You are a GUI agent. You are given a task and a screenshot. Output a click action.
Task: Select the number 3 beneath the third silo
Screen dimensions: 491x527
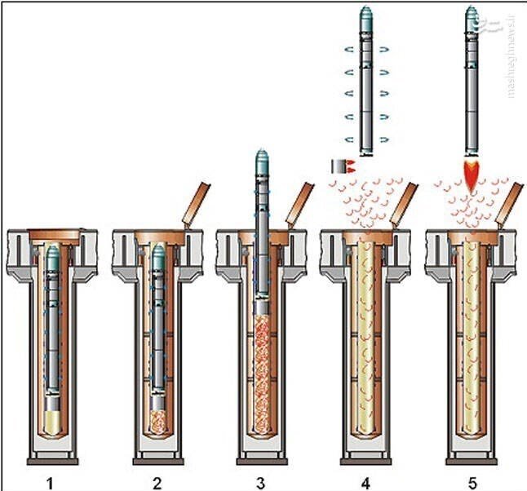(263, 482)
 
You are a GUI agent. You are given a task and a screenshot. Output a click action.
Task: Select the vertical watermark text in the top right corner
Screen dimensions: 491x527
(511, 53)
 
